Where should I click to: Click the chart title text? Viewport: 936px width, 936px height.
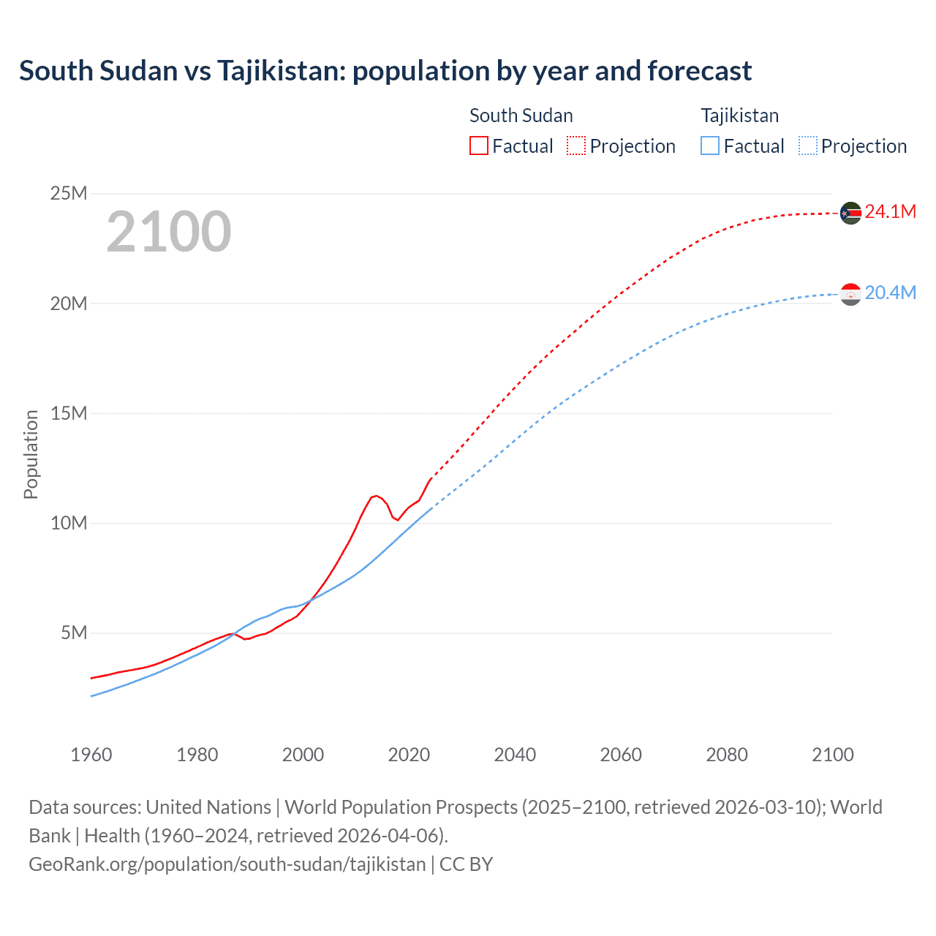(x=385, y=71)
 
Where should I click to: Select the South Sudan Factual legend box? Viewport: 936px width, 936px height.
(x=478, y=146)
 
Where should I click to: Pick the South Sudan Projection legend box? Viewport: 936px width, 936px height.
(x=576, y=146)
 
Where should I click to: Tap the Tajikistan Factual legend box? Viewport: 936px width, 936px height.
(x=710, y=146)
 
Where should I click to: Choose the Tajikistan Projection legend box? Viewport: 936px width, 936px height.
(x=807, y=146)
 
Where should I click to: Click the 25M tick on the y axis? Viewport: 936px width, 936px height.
(x=68, y=193)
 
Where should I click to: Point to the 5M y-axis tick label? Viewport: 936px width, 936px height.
(x=73, y=633)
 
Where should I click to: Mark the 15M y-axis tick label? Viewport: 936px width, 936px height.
(x=68, y=413)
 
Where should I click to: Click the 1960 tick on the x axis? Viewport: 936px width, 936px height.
(x=91, y=755)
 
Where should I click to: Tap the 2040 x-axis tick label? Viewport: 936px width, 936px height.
(x=515, y=755)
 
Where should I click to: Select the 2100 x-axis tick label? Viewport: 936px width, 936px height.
(x=832, y=755)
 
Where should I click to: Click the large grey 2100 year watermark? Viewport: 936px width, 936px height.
(x=169, y=232)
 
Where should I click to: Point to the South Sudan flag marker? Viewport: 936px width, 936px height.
(x=850, y=213)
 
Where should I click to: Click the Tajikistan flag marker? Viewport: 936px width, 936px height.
(x=850, y=294)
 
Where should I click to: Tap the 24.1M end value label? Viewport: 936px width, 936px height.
(x=890, y=212)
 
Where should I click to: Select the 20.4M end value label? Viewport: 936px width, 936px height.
(x=890, y=293)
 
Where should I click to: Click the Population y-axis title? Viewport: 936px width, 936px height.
(x=31, y=454)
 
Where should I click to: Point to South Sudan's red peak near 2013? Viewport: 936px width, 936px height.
(x=375, y=496)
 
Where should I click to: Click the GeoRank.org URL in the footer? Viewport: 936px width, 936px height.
(x=227, y=864)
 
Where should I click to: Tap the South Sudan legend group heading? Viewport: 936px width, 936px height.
(x=521, y=116)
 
